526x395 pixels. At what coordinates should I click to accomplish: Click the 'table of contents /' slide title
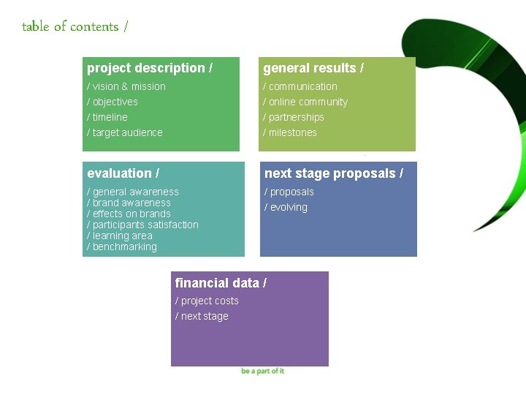coord(75,27)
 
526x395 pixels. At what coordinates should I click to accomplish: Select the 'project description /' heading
coord(150,68)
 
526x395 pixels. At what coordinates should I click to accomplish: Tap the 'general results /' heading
coord(313,68)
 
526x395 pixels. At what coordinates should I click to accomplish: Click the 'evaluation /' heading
coord(123,173)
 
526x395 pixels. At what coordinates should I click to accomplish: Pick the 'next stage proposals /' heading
coord(333,173)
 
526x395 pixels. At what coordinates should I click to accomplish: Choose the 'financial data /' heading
coord(221,283)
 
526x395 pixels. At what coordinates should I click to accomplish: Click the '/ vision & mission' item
coord(126,86)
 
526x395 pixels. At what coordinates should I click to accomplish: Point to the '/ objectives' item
coord(113,102)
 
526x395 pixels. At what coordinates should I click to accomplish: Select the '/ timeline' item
coord(107,117)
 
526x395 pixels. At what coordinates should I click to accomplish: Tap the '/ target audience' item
coord(125,132)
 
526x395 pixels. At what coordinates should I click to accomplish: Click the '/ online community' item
coord(305,102)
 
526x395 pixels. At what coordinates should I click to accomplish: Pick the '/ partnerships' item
coord(294,117)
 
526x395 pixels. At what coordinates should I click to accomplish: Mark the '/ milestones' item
coord(290,132)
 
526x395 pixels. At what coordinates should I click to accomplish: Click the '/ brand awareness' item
coord(129,203)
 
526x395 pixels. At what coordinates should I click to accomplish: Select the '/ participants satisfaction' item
coord(142,225)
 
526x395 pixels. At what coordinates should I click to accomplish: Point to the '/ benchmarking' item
coord(122,247)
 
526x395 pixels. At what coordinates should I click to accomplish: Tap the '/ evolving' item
coord(286,207)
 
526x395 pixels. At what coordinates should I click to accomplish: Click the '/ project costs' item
coord(207,301)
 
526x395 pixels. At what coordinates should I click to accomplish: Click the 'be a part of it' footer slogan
coord(262,371)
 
